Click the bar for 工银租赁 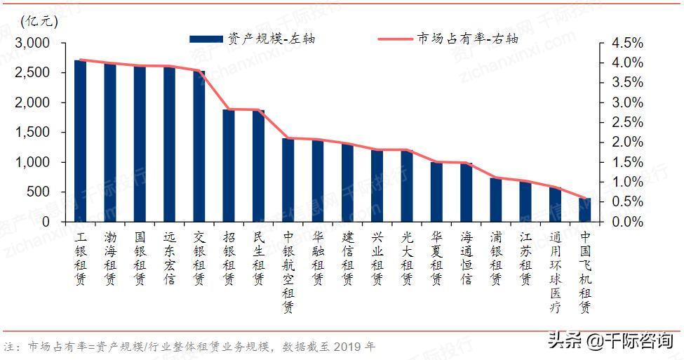[80, 140]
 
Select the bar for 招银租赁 [229, 166]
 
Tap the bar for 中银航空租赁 [288, 180]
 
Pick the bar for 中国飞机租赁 [585, 210]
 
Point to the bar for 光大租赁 [407, 186]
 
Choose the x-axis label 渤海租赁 [110, 259]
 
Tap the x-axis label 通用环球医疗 [556, 274]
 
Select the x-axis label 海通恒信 [467, 259]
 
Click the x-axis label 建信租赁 [348, 259]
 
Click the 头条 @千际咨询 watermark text [610, 342]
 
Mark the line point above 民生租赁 [258, 110]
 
